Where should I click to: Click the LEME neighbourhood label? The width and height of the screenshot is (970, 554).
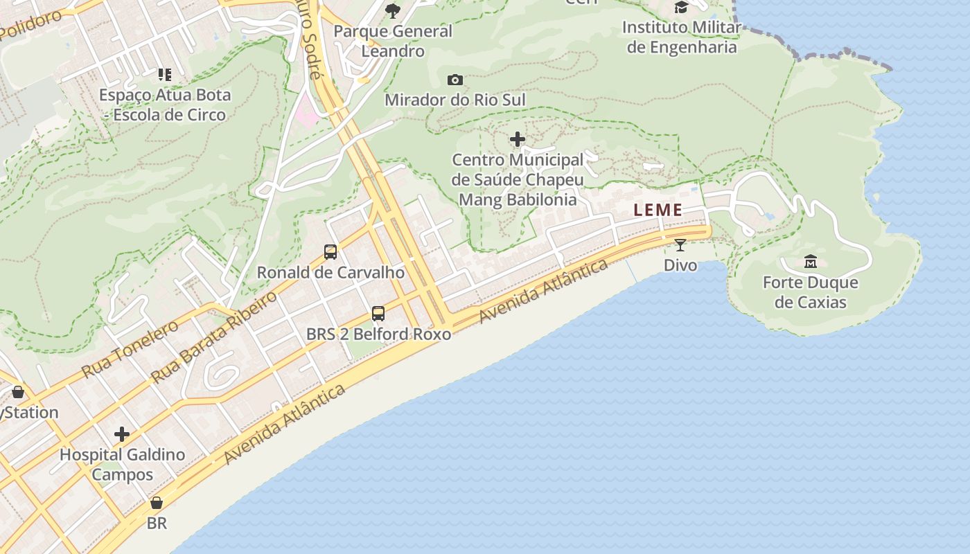658,210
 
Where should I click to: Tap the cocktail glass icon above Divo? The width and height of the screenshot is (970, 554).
680,245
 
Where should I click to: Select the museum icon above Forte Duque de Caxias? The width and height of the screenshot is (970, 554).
810,262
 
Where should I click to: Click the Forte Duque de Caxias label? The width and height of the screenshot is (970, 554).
810,292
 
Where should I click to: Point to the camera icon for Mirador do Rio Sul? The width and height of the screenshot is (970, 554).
455,80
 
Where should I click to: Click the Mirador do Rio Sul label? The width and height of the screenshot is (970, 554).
455,100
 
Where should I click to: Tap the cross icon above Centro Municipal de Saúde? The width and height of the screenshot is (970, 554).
517,140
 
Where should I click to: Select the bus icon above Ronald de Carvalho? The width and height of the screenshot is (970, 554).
330,252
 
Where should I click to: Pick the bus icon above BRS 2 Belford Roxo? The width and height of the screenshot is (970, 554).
378,314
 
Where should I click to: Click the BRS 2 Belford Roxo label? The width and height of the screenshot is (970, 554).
378,334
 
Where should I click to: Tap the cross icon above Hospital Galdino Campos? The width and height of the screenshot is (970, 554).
122,435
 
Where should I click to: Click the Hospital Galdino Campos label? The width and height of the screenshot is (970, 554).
122,465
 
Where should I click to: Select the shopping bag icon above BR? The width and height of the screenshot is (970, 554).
157,503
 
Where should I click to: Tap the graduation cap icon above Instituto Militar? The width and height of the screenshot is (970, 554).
681,8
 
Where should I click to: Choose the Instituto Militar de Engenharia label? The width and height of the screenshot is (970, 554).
681,37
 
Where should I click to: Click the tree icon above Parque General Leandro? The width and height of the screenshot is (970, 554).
392,10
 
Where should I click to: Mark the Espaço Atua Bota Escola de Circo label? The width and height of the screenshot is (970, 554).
165,105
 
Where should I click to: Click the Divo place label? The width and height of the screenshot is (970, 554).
680,265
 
